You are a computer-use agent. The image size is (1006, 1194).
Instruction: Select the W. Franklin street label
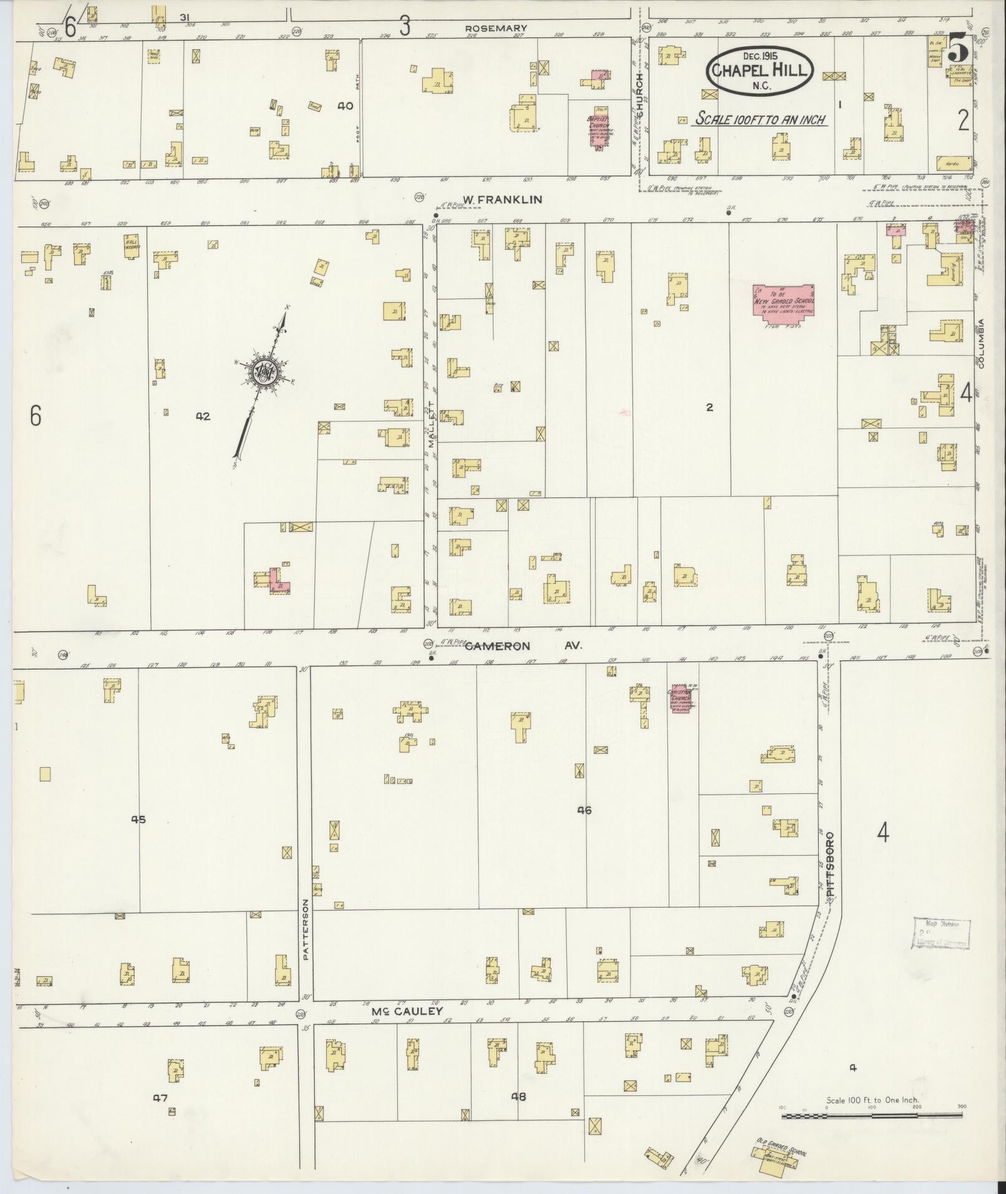pos(502,200)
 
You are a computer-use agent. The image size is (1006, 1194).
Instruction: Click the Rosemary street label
pos(496,28)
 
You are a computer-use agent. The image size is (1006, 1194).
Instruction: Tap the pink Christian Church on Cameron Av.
pos(684,699)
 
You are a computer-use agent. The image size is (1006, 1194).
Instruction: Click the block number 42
pos(203,416)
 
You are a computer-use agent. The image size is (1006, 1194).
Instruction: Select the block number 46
pos(584,811)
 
